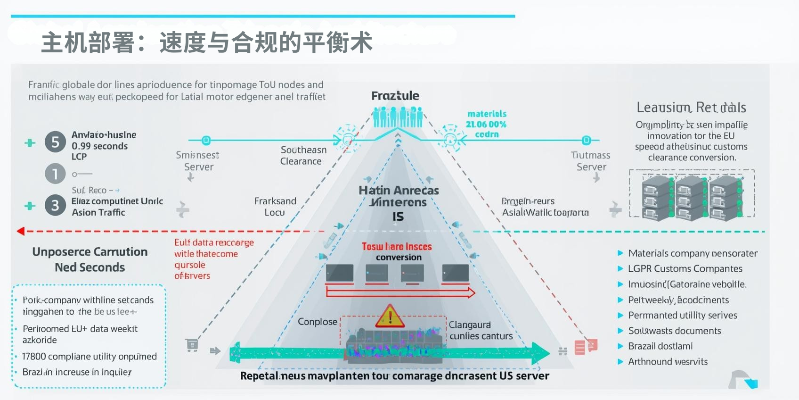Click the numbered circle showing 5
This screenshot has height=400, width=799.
coord(55,142)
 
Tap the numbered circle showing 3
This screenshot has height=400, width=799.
coord(55,205)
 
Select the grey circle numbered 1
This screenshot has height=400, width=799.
coord(55,174)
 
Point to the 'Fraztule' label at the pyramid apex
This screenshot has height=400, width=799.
coord(395,96)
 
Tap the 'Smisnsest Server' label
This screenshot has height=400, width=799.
coord(198,161)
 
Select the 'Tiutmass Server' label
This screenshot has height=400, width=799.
coord(591,161)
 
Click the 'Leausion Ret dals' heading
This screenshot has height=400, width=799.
coord(691,108)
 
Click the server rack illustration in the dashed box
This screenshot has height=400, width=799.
coord(692,197)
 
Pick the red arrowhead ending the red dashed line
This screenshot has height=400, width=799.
coord(20,231)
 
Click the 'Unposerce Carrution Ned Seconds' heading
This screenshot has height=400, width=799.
coord(90,259)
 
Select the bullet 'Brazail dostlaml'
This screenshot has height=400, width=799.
coord(660,346)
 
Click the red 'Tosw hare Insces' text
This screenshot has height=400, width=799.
coord(397,247)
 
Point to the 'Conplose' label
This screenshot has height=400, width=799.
coord(318,322)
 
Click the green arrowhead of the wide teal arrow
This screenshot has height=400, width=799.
coord(540,353)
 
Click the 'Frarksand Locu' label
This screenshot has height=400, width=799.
coord(275,207)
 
